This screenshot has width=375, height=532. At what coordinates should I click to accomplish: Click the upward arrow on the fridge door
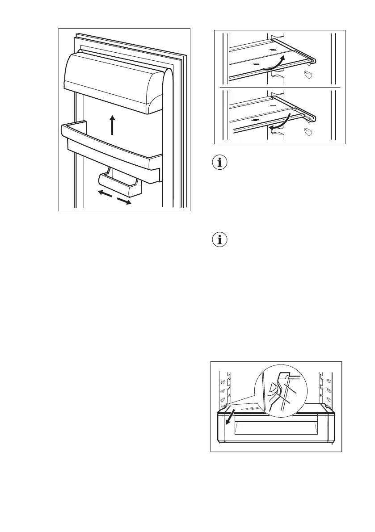coord(112,125)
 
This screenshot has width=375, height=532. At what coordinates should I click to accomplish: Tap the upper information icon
coord(219,163)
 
